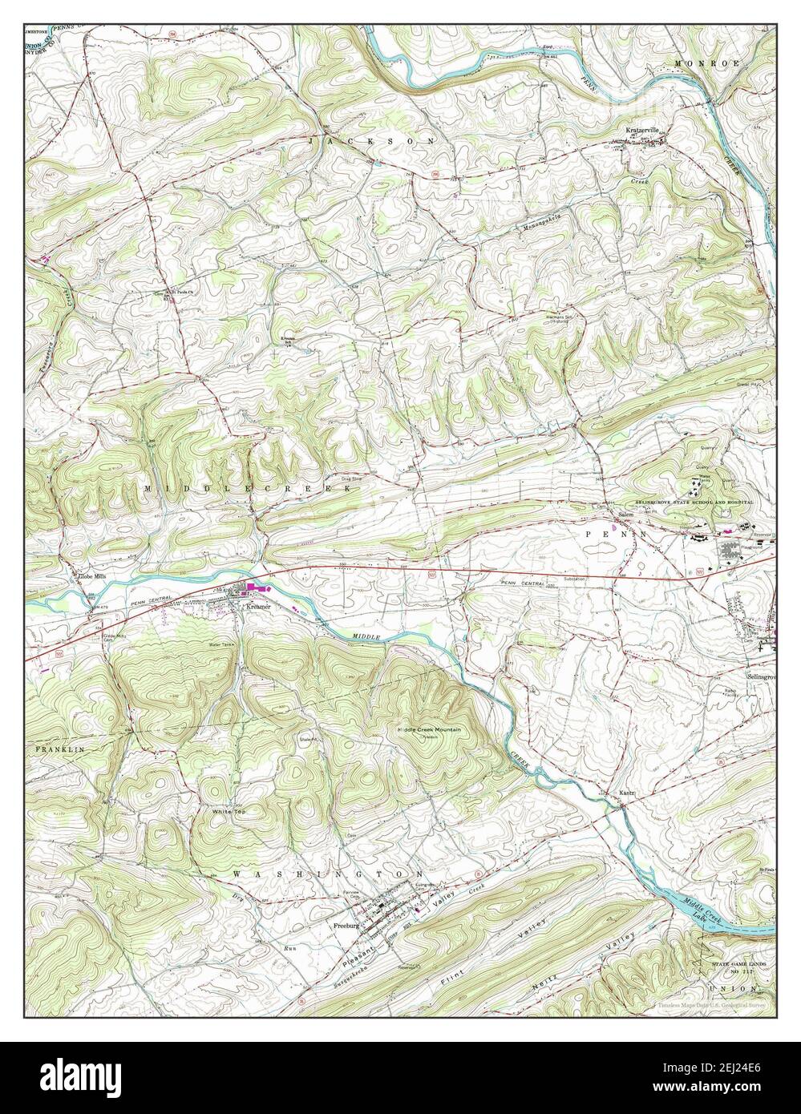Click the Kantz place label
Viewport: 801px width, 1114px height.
[627, 794]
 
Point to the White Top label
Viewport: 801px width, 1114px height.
[227, 812]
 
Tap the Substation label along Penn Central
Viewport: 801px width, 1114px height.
[597, 579]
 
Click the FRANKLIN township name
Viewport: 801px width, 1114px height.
[59, 747]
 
